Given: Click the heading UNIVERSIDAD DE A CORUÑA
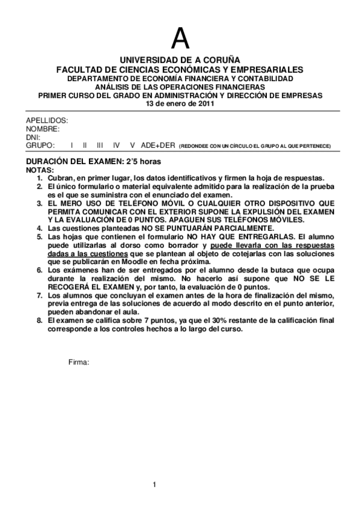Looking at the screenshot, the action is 180,61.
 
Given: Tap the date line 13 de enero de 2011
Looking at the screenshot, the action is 180,103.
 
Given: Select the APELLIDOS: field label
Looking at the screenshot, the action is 47,120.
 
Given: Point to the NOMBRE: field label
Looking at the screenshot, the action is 43,129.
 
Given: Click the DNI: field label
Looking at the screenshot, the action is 33,137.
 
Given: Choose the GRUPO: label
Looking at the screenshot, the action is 40,146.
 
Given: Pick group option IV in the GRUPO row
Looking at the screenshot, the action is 117,146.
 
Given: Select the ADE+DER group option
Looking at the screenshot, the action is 157,146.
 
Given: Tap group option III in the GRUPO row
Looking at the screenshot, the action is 100,146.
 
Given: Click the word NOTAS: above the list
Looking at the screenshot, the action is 40,170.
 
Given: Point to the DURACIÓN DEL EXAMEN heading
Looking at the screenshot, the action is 94,162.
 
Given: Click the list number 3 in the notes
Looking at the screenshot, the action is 40,203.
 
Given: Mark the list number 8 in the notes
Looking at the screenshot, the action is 40,321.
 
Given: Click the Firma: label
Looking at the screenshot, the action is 79,363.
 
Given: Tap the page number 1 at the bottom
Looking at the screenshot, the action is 154,485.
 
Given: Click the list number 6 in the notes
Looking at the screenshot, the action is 40,271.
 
